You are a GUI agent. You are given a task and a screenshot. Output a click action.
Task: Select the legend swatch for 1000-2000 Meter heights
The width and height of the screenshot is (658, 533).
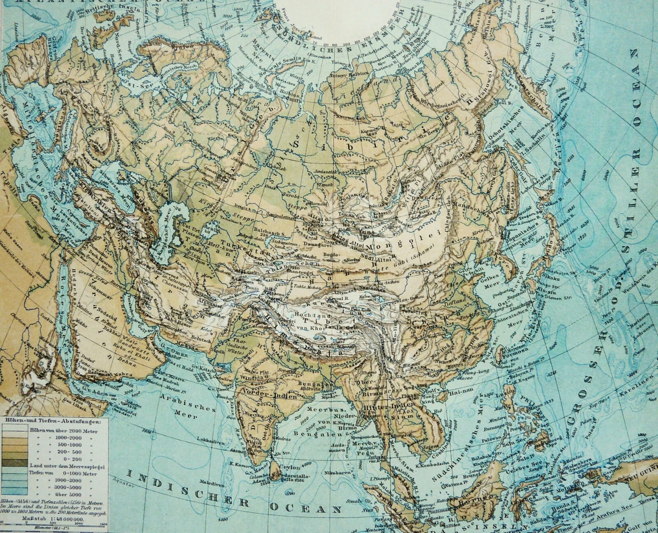coord(16,438)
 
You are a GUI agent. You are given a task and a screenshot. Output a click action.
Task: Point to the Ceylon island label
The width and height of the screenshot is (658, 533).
coord(290,467)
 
